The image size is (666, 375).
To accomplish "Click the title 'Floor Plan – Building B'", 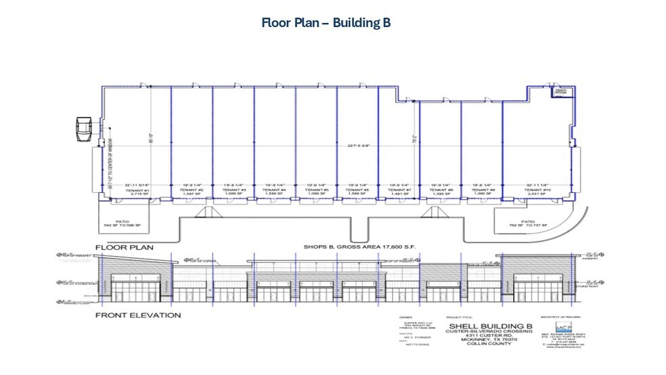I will point(326,22).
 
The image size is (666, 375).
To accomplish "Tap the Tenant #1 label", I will point(136,191).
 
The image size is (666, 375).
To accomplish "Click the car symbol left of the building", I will point(84,129).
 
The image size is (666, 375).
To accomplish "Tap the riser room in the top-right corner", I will point(560,92).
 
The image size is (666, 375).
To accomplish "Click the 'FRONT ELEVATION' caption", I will point(137,315).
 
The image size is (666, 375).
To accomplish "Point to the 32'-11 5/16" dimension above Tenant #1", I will point(136,184).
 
